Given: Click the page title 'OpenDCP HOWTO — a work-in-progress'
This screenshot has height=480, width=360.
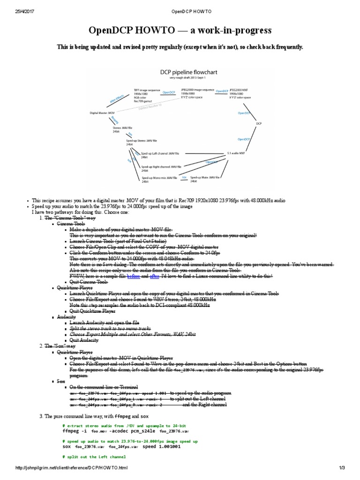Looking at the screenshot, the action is pos(180,30).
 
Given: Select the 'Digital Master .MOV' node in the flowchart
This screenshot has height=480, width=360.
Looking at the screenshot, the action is pos(102,113).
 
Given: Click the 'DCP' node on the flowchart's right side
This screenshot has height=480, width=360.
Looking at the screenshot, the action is pos(259,124).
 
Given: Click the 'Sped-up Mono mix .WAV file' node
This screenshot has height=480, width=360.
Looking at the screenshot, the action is pos(159,178).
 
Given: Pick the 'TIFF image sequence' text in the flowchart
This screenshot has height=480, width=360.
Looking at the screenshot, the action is pos(147,90).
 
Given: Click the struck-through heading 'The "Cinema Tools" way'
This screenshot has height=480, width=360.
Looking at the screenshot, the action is pos(70,218).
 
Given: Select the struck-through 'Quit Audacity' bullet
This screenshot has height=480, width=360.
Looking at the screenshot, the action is pos(84,340).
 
